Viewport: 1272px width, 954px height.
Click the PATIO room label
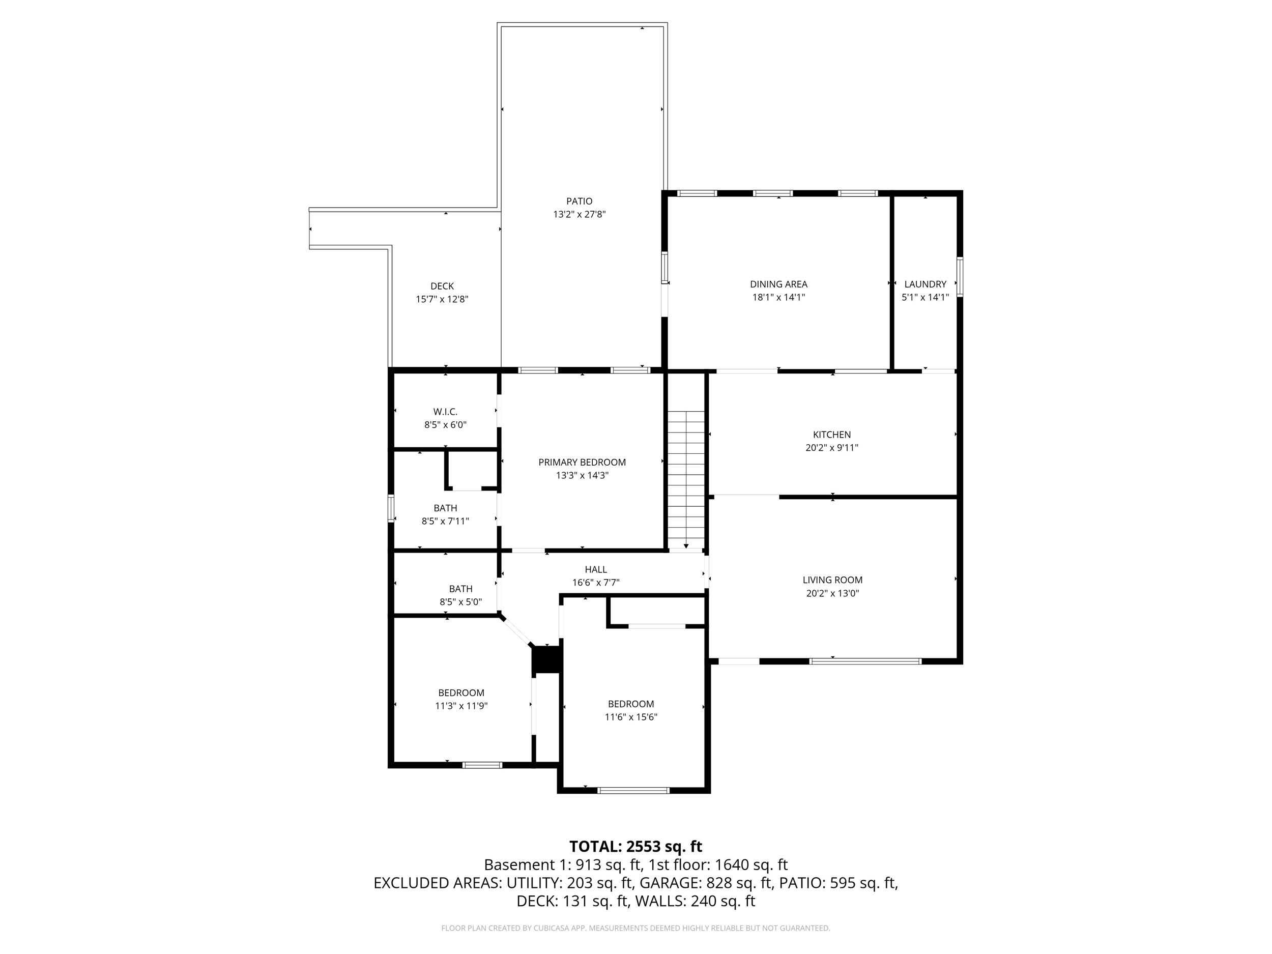579,201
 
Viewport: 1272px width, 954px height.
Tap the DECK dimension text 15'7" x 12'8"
442,299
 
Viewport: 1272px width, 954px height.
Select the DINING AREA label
778,284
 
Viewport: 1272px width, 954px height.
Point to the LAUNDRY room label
924,284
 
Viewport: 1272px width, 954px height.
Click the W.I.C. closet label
445,412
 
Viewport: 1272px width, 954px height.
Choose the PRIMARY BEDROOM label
582,462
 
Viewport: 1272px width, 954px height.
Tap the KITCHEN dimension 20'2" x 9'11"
831,447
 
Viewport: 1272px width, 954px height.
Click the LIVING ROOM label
832,580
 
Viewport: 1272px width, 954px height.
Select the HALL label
596,569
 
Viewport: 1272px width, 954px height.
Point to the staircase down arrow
686,546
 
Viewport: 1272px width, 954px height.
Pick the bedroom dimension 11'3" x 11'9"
461,706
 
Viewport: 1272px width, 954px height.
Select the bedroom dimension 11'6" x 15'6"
631,717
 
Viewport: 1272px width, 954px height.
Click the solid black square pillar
546,659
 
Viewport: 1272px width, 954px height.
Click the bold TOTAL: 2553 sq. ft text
635,847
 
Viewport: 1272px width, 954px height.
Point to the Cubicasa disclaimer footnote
635,928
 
